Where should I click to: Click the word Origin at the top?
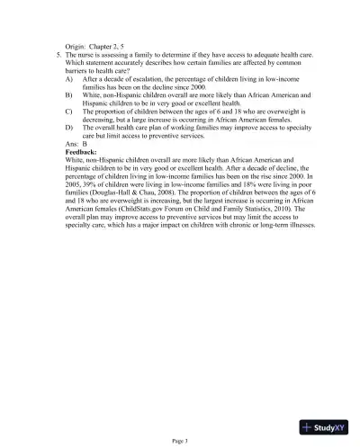[x=77, y=45]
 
